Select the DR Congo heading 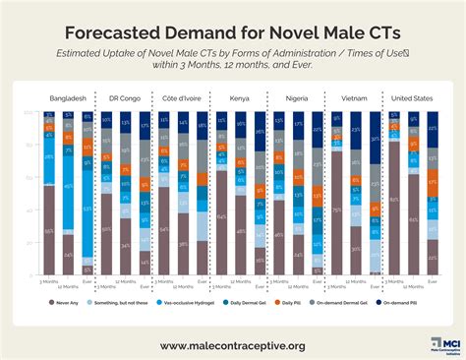[x=124, y=98]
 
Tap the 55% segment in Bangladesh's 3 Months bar [x=48, y=230]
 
